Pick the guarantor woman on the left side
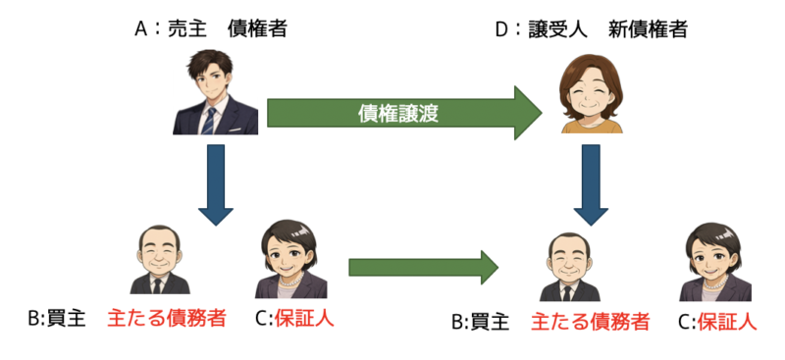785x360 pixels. [290, 260]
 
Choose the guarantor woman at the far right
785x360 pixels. [716, 262]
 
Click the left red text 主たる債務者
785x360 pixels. [166, 319]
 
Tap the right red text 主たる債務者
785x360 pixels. [590, 322]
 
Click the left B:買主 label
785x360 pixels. [57, 319]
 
